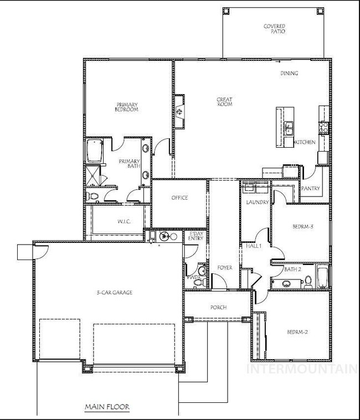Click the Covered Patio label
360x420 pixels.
tap(274, 29)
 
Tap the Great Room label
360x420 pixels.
tap(224, 102)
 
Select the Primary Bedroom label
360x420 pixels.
tap(126, 107)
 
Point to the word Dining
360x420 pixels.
tap(289, 73)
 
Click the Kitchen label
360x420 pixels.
tap(305, 142)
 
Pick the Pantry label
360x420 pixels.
tap(311, 189)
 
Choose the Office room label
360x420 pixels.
tap(179, 198)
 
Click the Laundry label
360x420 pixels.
tap(257, 203)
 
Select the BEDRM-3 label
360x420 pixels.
tap(303, 226)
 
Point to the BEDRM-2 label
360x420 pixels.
tap(297, 332)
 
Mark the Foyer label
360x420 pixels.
tap(224, 268)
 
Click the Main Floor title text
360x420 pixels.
tap(107, 407)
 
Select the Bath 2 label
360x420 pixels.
tap(292, 269)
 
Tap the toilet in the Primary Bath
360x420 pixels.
tap(93, 195)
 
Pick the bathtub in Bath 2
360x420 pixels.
tap(322, 275)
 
